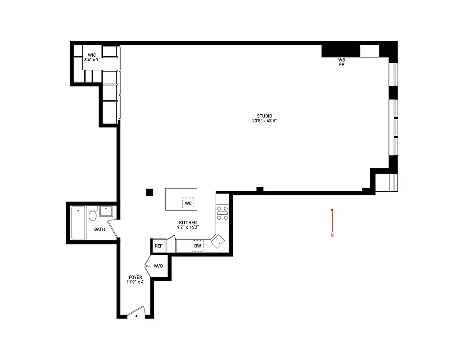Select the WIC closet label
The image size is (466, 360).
pos(92,55)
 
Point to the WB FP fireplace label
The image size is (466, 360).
pos(342,62)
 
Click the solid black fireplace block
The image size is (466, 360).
pos(340,50)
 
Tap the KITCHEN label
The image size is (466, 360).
pos(188,223)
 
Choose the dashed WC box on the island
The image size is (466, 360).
pos(188,203)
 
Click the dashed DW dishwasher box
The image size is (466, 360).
pos(198,246)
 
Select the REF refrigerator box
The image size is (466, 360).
pos(158,246)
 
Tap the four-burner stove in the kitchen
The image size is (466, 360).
pos(222,213)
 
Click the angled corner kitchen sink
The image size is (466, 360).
pos(219,242)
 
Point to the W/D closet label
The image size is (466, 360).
pos(158,266)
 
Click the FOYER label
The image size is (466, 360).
pos(135,277)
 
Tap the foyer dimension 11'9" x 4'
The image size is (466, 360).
pos(135,283)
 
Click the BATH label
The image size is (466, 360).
pos(100,229)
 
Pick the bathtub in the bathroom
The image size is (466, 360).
pos(78,223)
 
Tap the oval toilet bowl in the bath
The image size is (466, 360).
pos(93,216)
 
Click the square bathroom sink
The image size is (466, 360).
pos(107,211)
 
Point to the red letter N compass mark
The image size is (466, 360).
pos(332,235)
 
